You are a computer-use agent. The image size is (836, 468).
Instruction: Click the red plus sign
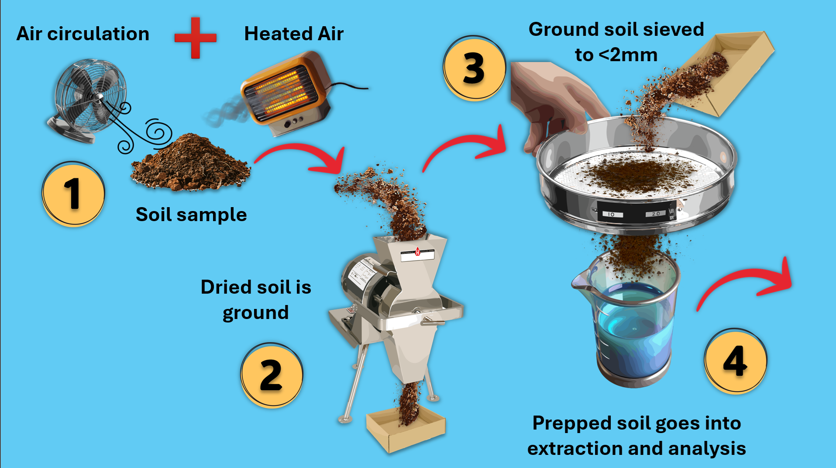tap(195, 38)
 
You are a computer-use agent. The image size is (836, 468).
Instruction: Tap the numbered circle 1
tap(73, 194)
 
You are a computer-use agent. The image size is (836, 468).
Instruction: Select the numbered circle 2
tap(272, 375)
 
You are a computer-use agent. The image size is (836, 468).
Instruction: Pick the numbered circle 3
tap(474, 68)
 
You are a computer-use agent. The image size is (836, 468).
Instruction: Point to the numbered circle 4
tap(736, 361)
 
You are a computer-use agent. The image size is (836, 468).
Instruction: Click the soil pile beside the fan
tap(191, 163)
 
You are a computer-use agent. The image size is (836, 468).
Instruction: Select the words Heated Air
tap(294, 34)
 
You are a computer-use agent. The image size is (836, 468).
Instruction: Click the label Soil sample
tap(191, 215)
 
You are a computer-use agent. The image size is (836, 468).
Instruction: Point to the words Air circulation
tap(83, 34)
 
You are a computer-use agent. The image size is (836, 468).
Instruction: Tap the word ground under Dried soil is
tap(256, 313)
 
